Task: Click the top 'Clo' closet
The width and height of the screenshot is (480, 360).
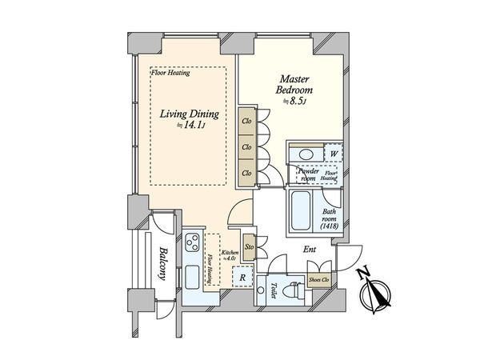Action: point(247,122)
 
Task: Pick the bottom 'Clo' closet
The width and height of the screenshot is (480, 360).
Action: point(247,171)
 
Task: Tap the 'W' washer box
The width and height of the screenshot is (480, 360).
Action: point(332,153)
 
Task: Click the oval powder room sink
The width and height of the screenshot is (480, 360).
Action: point(304,154)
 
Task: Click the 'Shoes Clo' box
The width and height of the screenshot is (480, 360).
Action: point(322,279)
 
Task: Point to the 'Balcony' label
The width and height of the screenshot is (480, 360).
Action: point(160,261)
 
